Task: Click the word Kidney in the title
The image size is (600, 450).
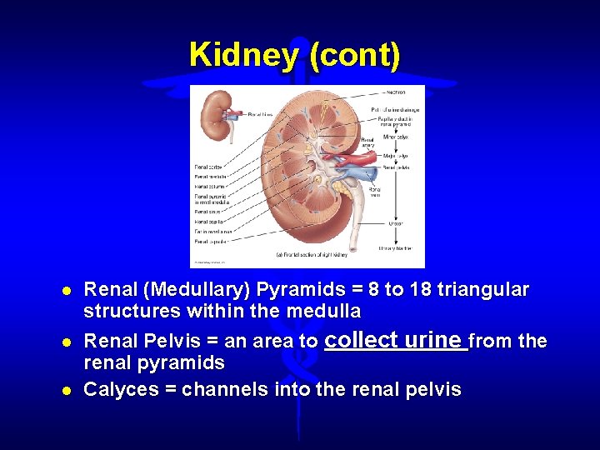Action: tap(245, 55)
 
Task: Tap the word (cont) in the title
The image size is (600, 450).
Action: tap(354, 55)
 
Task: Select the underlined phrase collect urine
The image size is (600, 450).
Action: tap(396, 340)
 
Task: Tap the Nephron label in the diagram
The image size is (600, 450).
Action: tap(396, 92)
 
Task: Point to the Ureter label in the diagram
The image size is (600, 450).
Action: tap(396, 222)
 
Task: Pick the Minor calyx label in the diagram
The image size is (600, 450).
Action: tap(396, 137)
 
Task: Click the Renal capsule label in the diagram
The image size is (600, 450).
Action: tap(209, 241)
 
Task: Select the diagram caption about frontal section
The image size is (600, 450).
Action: tap(311, 253)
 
